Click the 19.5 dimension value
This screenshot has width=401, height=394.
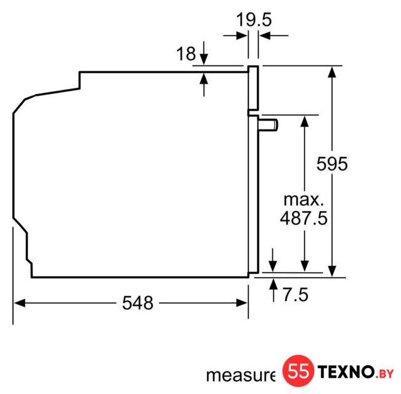pos(254,20)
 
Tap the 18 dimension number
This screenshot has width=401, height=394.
pos(186,54)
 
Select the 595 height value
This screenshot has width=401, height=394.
pos(332,164)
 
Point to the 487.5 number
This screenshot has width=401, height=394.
pos(304,218)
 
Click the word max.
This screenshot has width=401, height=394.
pos(304,199)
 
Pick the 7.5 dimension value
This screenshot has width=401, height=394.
pos(295,295)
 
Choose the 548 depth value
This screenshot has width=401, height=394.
pos(137,303)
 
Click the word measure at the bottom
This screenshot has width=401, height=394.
pos(241,376)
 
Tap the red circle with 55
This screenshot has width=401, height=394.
pos(298,371)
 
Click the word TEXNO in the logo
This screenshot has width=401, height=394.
pos(346,371)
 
